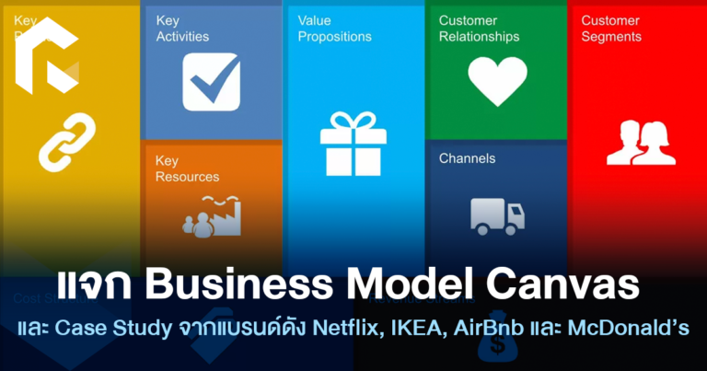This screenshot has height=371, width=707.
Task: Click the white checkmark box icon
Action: (211, 82)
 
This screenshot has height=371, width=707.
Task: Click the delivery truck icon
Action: (497, 215)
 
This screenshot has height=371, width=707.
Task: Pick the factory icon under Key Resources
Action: (211, 214)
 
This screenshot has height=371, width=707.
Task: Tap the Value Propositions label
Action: (335, 29)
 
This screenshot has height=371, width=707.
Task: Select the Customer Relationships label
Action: (479, 29)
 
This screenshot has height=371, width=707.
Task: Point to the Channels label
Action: (467, 158)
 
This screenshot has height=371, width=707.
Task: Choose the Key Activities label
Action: (182, 29)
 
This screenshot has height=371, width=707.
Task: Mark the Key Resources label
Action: (187, 168)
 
